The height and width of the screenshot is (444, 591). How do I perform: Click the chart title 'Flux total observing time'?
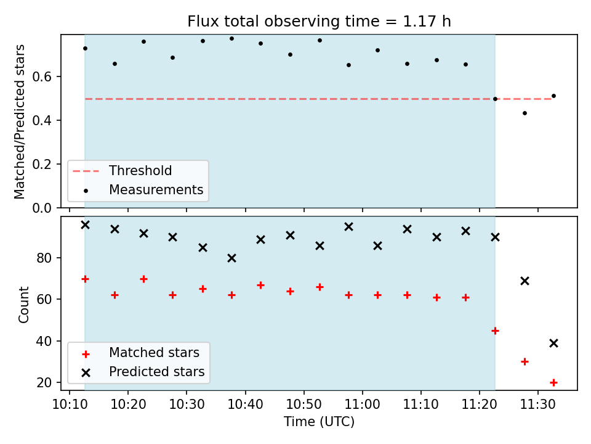pos(291,21)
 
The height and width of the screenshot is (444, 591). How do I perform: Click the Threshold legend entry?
pos(122,171)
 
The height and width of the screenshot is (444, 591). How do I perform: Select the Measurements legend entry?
pos(143,189)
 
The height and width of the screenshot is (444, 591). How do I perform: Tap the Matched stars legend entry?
pos(141,353)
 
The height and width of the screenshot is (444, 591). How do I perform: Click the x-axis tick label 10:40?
pos(246,405)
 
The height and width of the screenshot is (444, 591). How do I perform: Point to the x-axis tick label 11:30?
pos(538,405)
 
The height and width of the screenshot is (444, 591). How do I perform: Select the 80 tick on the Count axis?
pos(44,258)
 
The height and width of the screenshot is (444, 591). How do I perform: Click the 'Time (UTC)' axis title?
pos(320,422)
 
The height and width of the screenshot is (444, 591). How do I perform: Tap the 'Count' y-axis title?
pos(23,304)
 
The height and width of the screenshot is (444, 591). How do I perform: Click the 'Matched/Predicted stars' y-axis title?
pos(19,121)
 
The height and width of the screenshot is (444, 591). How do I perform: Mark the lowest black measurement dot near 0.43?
pos(525,113)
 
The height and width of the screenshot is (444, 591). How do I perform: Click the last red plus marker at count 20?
pos(553,383)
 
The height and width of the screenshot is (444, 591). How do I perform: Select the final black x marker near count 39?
pos(553,343)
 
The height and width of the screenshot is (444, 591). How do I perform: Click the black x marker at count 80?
pos(232,258)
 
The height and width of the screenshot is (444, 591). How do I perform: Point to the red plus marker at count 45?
pos(495,331)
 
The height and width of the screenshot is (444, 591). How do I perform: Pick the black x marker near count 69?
pos(525,281)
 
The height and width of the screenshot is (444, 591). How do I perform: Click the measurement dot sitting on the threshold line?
pos(495,99)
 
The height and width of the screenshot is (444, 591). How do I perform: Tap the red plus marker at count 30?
pos(525,362)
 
